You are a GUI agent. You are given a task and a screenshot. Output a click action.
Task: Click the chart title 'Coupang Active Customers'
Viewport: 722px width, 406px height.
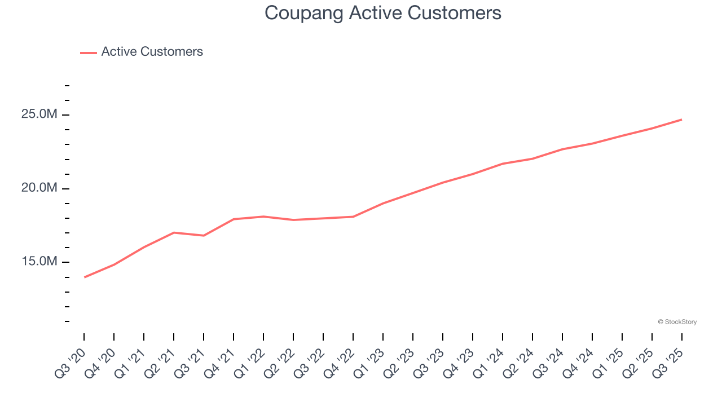383,13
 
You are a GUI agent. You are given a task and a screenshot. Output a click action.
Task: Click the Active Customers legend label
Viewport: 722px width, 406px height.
152,52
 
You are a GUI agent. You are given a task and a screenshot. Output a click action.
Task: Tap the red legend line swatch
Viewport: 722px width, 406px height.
89,52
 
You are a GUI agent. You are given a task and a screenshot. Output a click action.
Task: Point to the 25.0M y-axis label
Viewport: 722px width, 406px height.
39,114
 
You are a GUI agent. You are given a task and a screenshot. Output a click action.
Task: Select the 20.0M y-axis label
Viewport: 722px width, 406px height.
39,188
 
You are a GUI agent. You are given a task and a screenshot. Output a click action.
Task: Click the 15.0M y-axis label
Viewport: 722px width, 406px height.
39,262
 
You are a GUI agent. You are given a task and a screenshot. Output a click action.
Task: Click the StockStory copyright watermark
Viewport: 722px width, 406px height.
677,322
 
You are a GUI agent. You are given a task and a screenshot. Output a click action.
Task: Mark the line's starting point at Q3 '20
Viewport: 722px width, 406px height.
85,277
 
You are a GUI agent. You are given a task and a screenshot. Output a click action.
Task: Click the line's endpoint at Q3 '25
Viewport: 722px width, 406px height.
681,120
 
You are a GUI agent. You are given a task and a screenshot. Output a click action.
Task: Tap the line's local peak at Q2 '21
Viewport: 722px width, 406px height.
174,232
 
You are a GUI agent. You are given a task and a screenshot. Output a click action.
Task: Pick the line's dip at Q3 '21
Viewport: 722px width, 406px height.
204,235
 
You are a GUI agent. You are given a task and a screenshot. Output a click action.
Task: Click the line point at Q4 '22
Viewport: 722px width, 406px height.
353,217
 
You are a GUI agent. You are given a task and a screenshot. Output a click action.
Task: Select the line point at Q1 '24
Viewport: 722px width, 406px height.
503,164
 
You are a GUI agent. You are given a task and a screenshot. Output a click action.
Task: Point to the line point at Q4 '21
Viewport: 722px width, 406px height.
234,219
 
